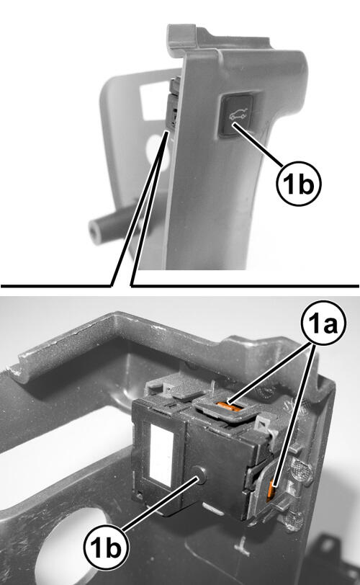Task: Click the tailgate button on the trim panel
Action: pos(236,115)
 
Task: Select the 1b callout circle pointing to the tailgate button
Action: pos(299,184)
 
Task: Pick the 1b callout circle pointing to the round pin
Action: pos(107,548)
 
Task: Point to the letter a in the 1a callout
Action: pos(330,326)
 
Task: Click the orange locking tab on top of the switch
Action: pos(230,406)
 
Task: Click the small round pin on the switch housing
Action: pos(201,475)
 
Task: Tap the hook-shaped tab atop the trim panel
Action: pos(184,36)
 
